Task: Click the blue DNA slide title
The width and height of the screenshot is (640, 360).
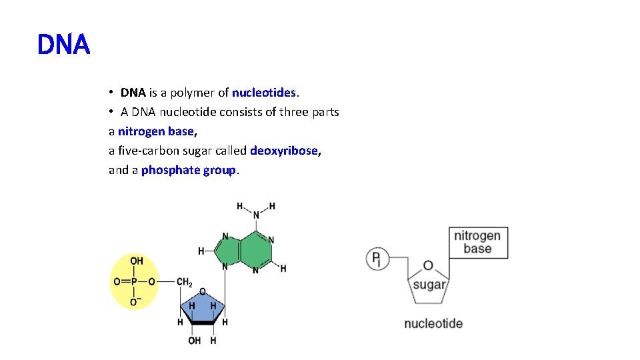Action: (x=63, y=45)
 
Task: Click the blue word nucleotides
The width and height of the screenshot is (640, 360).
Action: (x=263, y=92)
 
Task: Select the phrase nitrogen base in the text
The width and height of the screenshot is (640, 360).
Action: (x=155, y=131)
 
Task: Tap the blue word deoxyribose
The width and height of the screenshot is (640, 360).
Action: (x=284, y=151)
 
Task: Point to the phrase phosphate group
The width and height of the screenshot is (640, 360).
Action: (x=189, y=170)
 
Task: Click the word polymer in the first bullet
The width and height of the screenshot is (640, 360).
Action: (x=192, y=93)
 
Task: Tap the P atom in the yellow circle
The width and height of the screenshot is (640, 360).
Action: (x=134, y=282)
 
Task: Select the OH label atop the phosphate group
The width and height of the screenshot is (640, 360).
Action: (x=136, y=261)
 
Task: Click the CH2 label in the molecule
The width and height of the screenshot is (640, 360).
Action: (x=185, y=282)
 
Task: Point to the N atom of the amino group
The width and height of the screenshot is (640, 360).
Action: (x=256, y=215)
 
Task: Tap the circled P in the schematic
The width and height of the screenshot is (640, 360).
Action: (x=377, y=258)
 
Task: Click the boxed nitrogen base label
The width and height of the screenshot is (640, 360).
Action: (x=477, y=243)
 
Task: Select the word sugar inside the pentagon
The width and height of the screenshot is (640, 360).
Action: (x=428, y=285)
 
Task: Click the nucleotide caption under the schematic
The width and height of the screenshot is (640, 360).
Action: (x=433, y=324)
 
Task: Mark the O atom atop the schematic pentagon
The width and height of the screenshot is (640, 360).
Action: (x=428, y=266)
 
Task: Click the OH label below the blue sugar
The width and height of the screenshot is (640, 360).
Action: (x=195, y=341)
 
